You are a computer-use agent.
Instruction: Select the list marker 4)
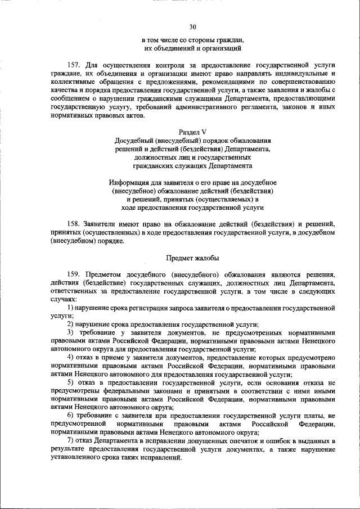click(70, 358)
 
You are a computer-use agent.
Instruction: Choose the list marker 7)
click(70, 441)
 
